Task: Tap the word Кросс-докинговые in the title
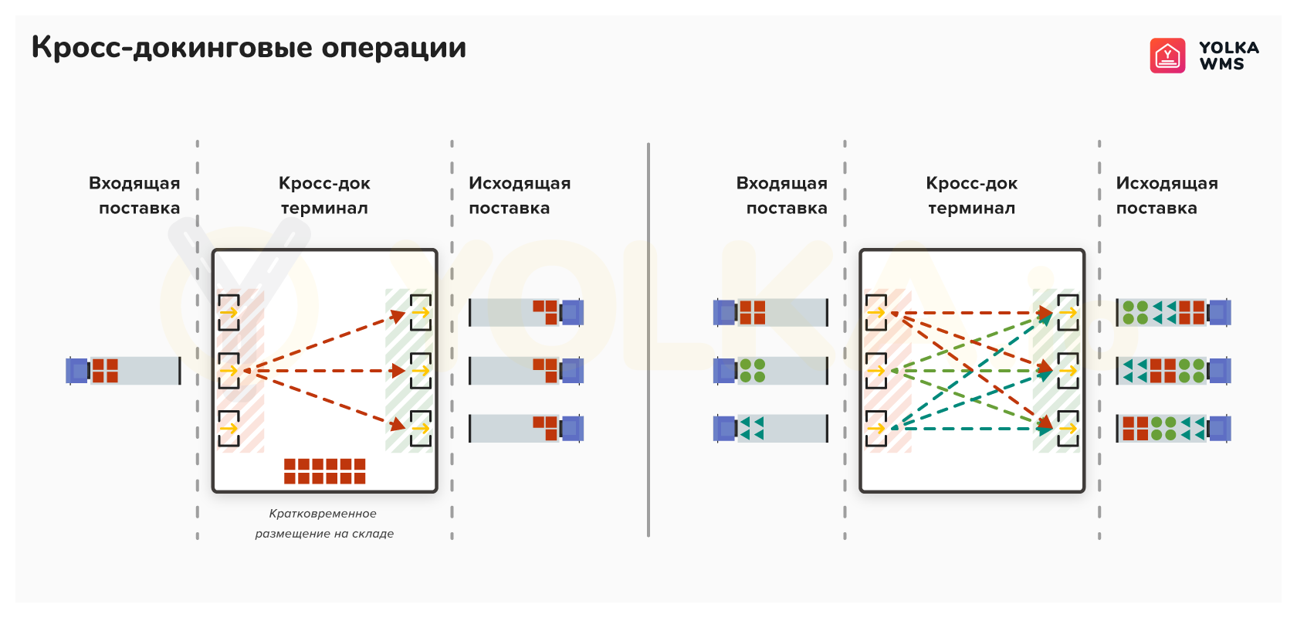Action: (171, 47)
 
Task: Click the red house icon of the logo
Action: (1167, 56)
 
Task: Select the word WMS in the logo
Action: (1221, 64)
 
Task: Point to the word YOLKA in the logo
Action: (1229, 47)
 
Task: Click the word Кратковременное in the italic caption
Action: (323, 514)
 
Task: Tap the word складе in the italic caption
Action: (371, 534)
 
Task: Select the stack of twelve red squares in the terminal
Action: (325, 471)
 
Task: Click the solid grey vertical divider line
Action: (648, 340)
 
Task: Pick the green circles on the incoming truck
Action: (753, 371)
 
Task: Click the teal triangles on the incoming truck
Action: (752, 429)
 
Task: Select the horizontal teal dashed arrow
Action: (972, 429)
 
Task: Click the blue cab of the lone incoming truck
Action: (77, 371)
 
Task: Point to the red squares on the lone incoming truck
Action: (105, 371)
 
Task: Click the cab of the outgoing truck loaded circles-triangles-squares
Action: (1219, 313)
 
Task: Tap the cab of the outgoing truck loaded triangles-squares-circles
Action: (1219, 371)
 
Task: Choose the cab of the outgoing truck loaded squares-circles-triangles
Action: (1219, 429)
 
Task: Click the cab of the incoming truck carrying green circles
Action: (725, 371)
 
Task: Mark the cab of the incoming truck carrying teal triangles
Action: (725, 429)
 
